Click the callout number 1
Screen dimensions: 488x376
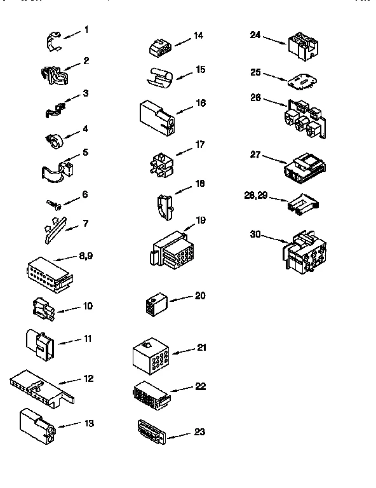tap(86, 30)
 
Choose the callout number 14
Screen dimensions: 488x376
tap(198, 36)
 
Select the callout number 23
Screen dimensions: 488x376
tap(199, 433)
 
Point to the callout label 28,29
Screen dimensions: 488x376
tap(257, 196)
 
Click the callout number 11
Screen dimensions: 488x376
tap(88, 339)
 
